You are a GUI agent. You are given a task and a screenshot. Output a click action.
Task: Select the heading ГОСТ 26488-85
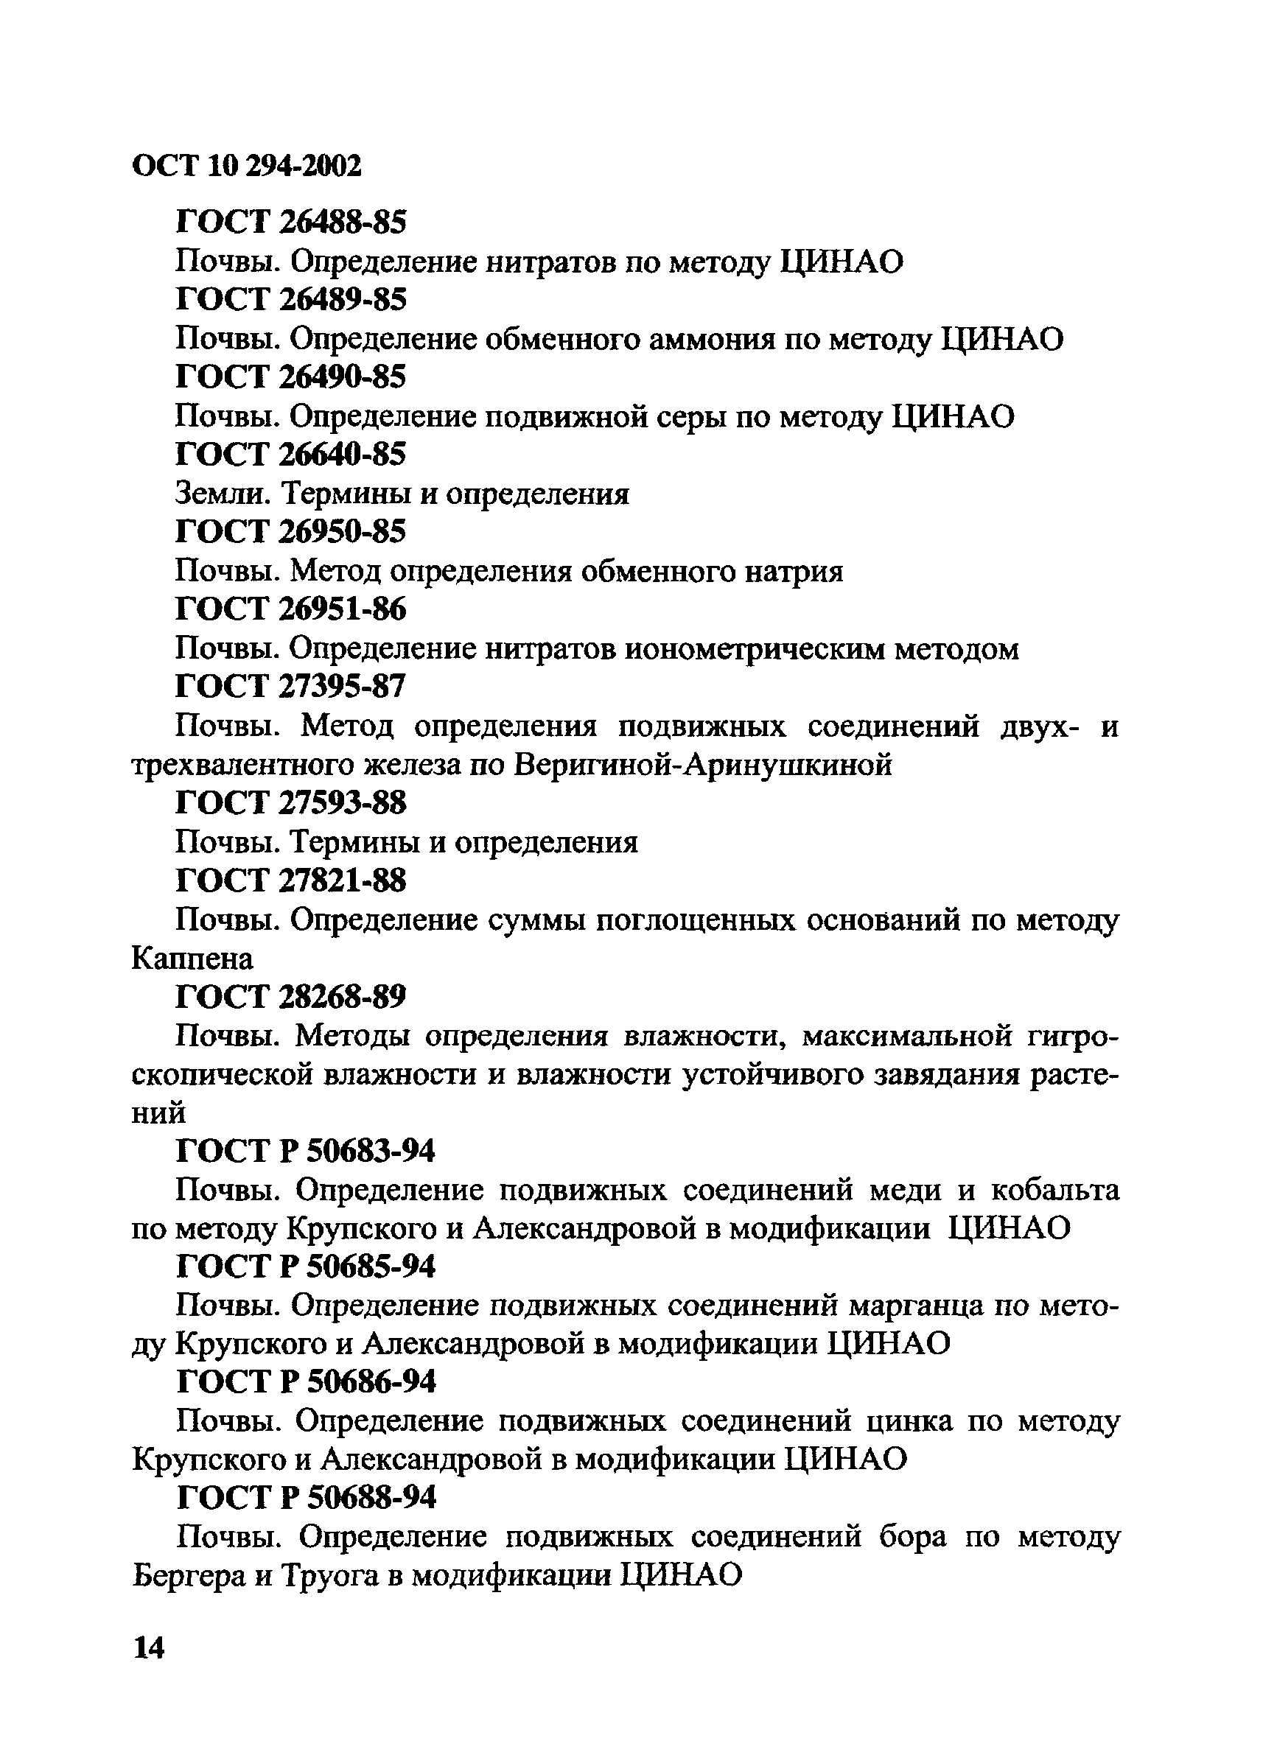[x=291, y=223]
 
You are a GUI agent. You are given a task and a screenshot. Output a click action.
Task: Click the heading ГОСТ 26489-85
[x=291, y=299]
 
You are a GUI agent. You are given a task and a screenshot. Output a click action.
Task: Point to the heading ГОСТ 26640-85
[x=291, y=455]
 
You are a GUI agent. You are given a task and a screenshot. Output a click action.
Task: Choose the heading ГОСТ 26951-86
[x=291, y=609]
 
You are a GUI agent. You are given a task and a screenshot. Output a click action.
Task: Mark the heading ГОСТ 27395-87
[x=291, y=686]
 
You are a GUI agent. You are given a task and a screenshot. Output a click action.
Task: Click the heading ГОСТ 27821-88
[x=291, y=880]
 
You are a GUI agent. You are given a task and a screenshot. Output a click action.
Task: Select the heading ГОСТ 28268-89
[x=291, y=997]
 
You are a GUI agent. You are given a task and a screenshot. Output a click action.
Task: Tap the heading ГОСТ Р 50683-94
[x=306, y=1152]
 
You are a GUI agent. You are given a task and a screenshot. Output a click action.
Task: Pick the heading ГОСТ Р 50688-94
[x=307, y=1498]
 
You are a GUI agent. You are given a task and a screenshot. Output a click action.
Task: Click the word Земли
[x=220, y=494]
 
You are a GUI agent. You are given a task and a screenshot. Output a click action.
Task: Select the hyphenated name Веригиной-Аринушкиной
[x=702, y=766]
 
